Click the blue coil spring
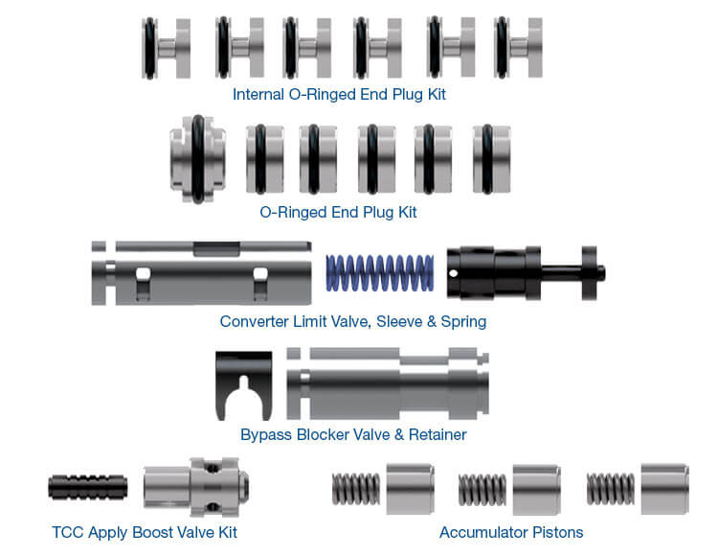tap(380, 273)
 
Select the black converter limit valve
tap(526, 273)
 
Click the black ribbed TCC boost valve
tap(87, 487)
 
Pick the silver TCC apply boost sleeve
tap(196, 486)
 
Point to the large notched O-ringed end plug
tap(197, 159)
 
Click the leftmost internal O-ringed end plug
tap(166, 48)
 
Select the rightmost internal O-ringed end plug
tap(518, 48)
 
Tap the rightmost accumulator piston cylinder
tap(665, 489)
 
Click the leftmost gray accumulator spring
tap(356, 489)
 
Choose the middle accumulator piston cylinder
tap(537, 490)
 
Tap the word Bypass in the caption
tap(266, 435)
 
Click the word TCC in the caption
tap(68, 532)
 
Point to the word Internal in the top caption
tap(258, 94)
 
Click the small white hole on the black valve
tap(454, 273)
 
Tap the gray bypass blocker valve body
tap(388, 383)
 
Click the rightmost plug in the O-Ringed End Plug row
tap(491, 159)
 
